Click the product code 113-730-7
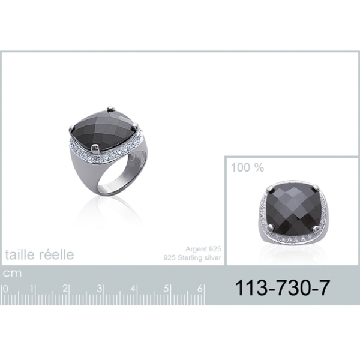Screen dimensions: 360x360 pyautogui.click(x=283, y=288)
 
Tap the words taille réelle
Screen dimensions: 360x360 pyautogui.click(x=40, y=254)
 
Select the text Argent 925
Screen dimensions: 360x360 pyautogui.click(x=203, y=249)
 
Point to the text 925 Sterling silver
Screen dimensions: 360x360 pyautogui.click(x=192, y=257)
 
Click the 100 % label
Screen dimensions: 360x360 pyautogui.click(x=247, y=167)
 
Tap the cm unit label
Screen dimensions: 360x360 pyautogui.click(x=12, y=274)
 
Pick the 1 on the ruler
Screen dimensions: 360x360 pyautogui.click(x=32, y=289)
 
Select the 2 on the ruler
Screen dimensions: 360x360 pyautogui.click(x=65, y=289)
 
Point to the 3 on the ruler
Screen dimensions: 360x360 pyautogui.click(x=99, y=289)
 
